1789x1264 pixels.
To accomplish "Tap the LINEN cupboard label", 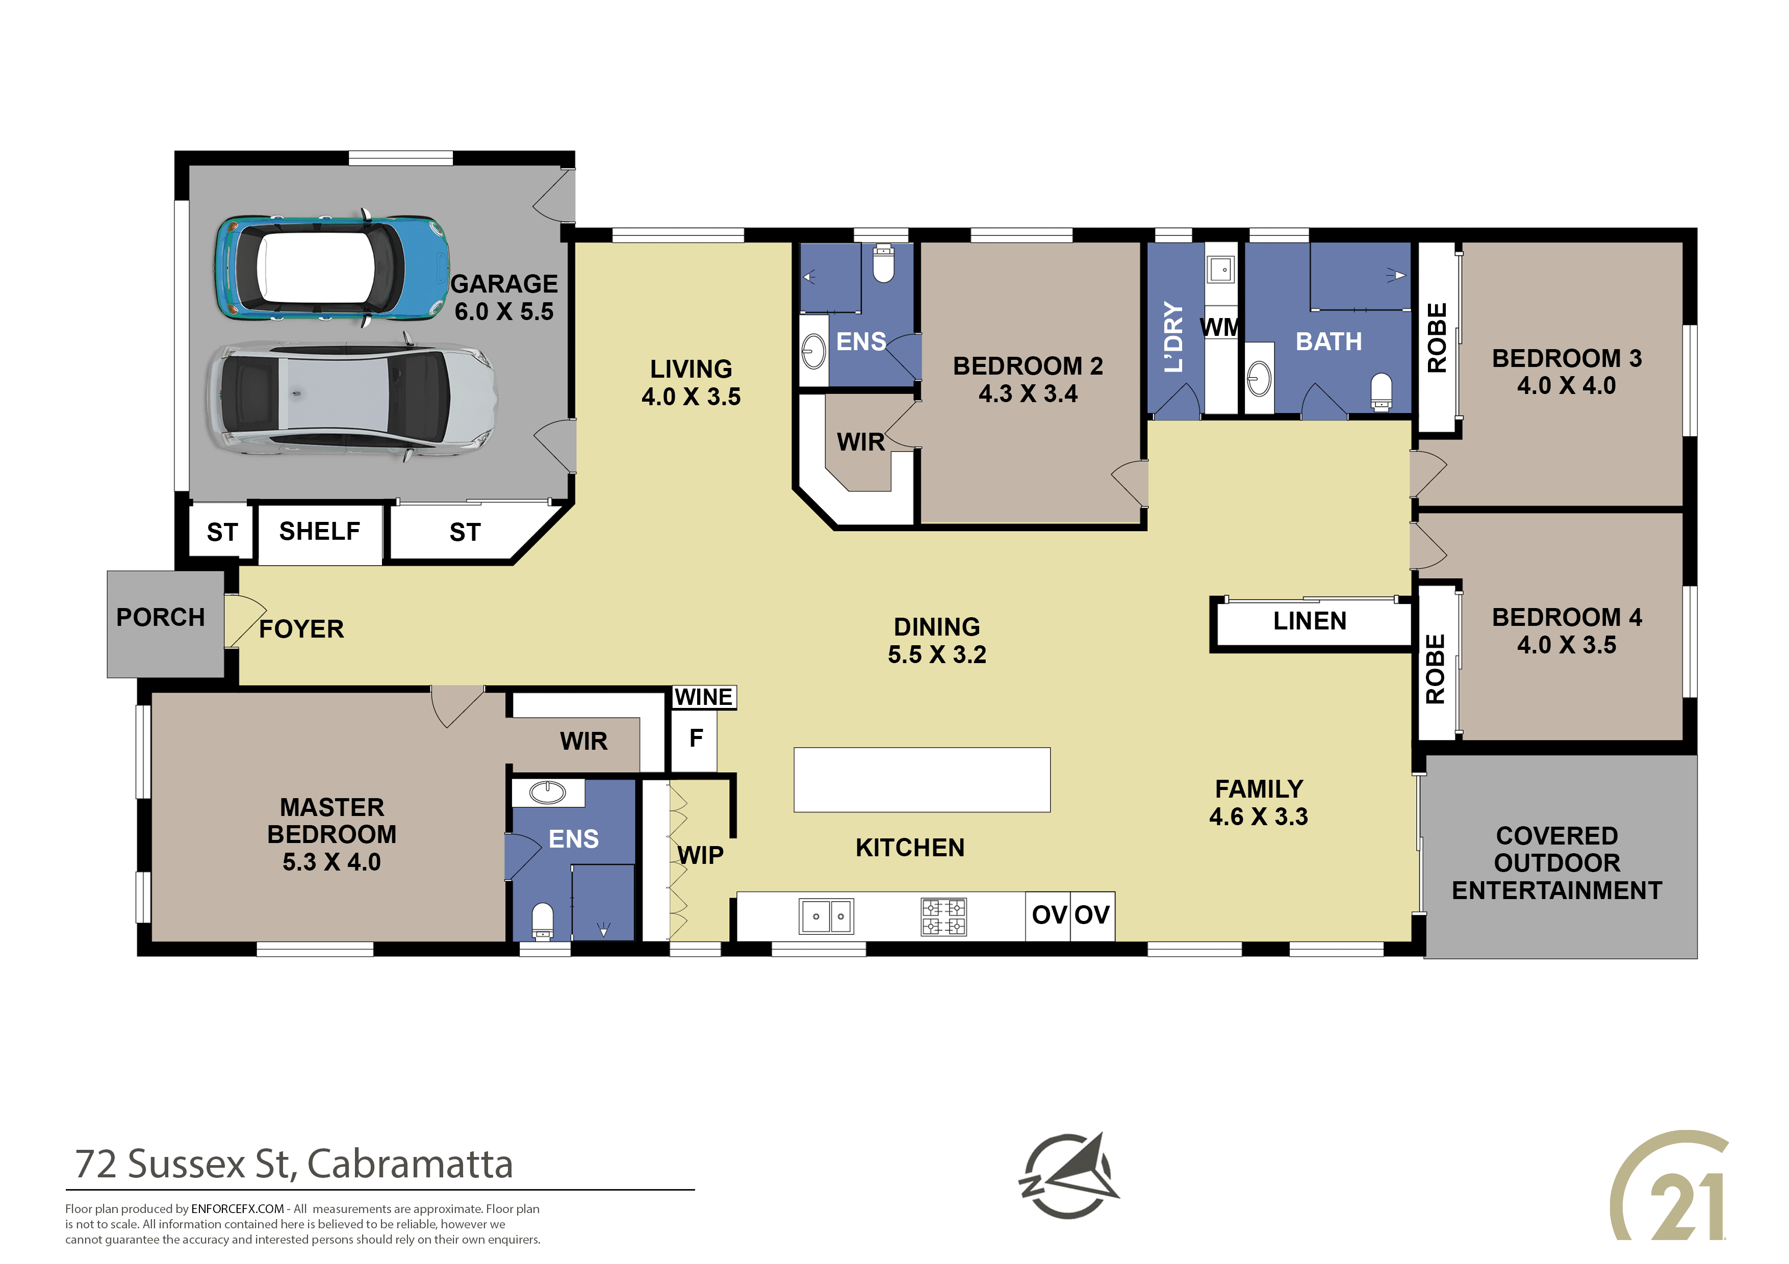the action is tap(1310, 621).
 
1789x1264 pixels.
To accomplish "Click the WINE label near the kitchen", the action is tap(704, 697).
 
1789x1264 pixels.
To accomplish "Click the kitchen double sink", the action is tap(827, 916).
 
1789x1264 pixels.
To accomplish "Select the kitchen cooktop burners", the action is tap(943, 916).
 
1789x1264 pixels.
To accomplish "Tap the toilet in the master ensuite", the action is tap(542, 921).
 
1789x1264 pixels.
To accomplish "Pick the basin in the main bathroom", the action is tap(1259, 379).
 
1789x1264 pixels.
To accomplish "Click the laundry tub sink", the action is tap(1220, 270).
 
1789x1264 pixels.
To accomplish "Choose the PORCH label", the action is tap(161, 618).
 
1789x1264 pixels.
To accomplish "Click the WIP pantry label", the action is tap(701, 855).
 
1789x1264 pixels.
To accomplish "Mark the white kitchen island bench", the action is tap(922, 780).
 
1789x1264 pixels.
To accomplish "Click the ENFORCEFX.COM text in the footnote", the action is tap(238, 1209).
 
